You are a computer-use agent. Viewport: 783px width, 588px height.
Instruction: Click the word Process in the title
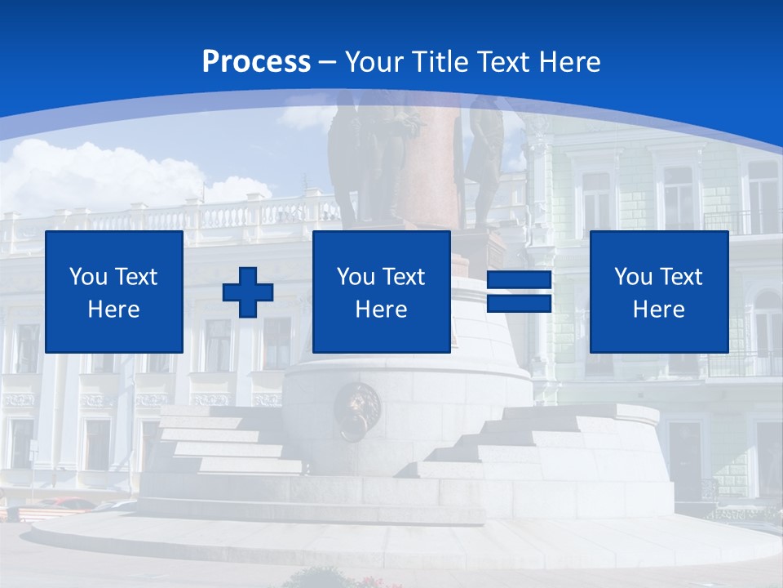(x=256, y=62)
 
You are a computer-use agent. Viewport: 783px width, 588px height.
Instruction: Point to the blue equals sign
(x=519, y=292)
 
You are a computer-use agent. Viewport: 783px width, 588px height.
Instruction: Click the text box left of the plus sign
(x=114, y=292)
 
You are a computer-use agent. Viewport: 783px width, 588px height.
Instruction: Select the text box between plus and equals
(x=381, y=292)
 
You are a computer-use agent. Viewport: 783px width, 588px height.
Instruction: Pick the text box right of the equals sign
(x=658, y=292)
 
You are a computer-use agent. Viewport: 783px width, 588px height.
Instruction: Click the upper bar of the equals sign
(x=519, y=281)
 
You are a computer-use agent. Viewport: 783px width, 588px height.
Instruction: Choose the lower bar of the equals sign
(x=519, y=304)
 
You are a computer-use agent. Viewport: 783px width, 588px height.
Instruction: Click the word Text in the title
(x=502, y=62)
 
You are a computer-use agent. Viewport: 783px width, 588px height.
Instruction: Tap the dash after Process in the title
(x=328, y=62)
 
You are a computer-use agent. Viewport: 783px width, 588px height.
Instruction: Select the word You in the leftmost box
(x=87, y=277)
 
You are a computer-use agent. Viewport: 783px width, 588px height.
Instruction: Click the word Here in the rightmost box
(x=658, y=310)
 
